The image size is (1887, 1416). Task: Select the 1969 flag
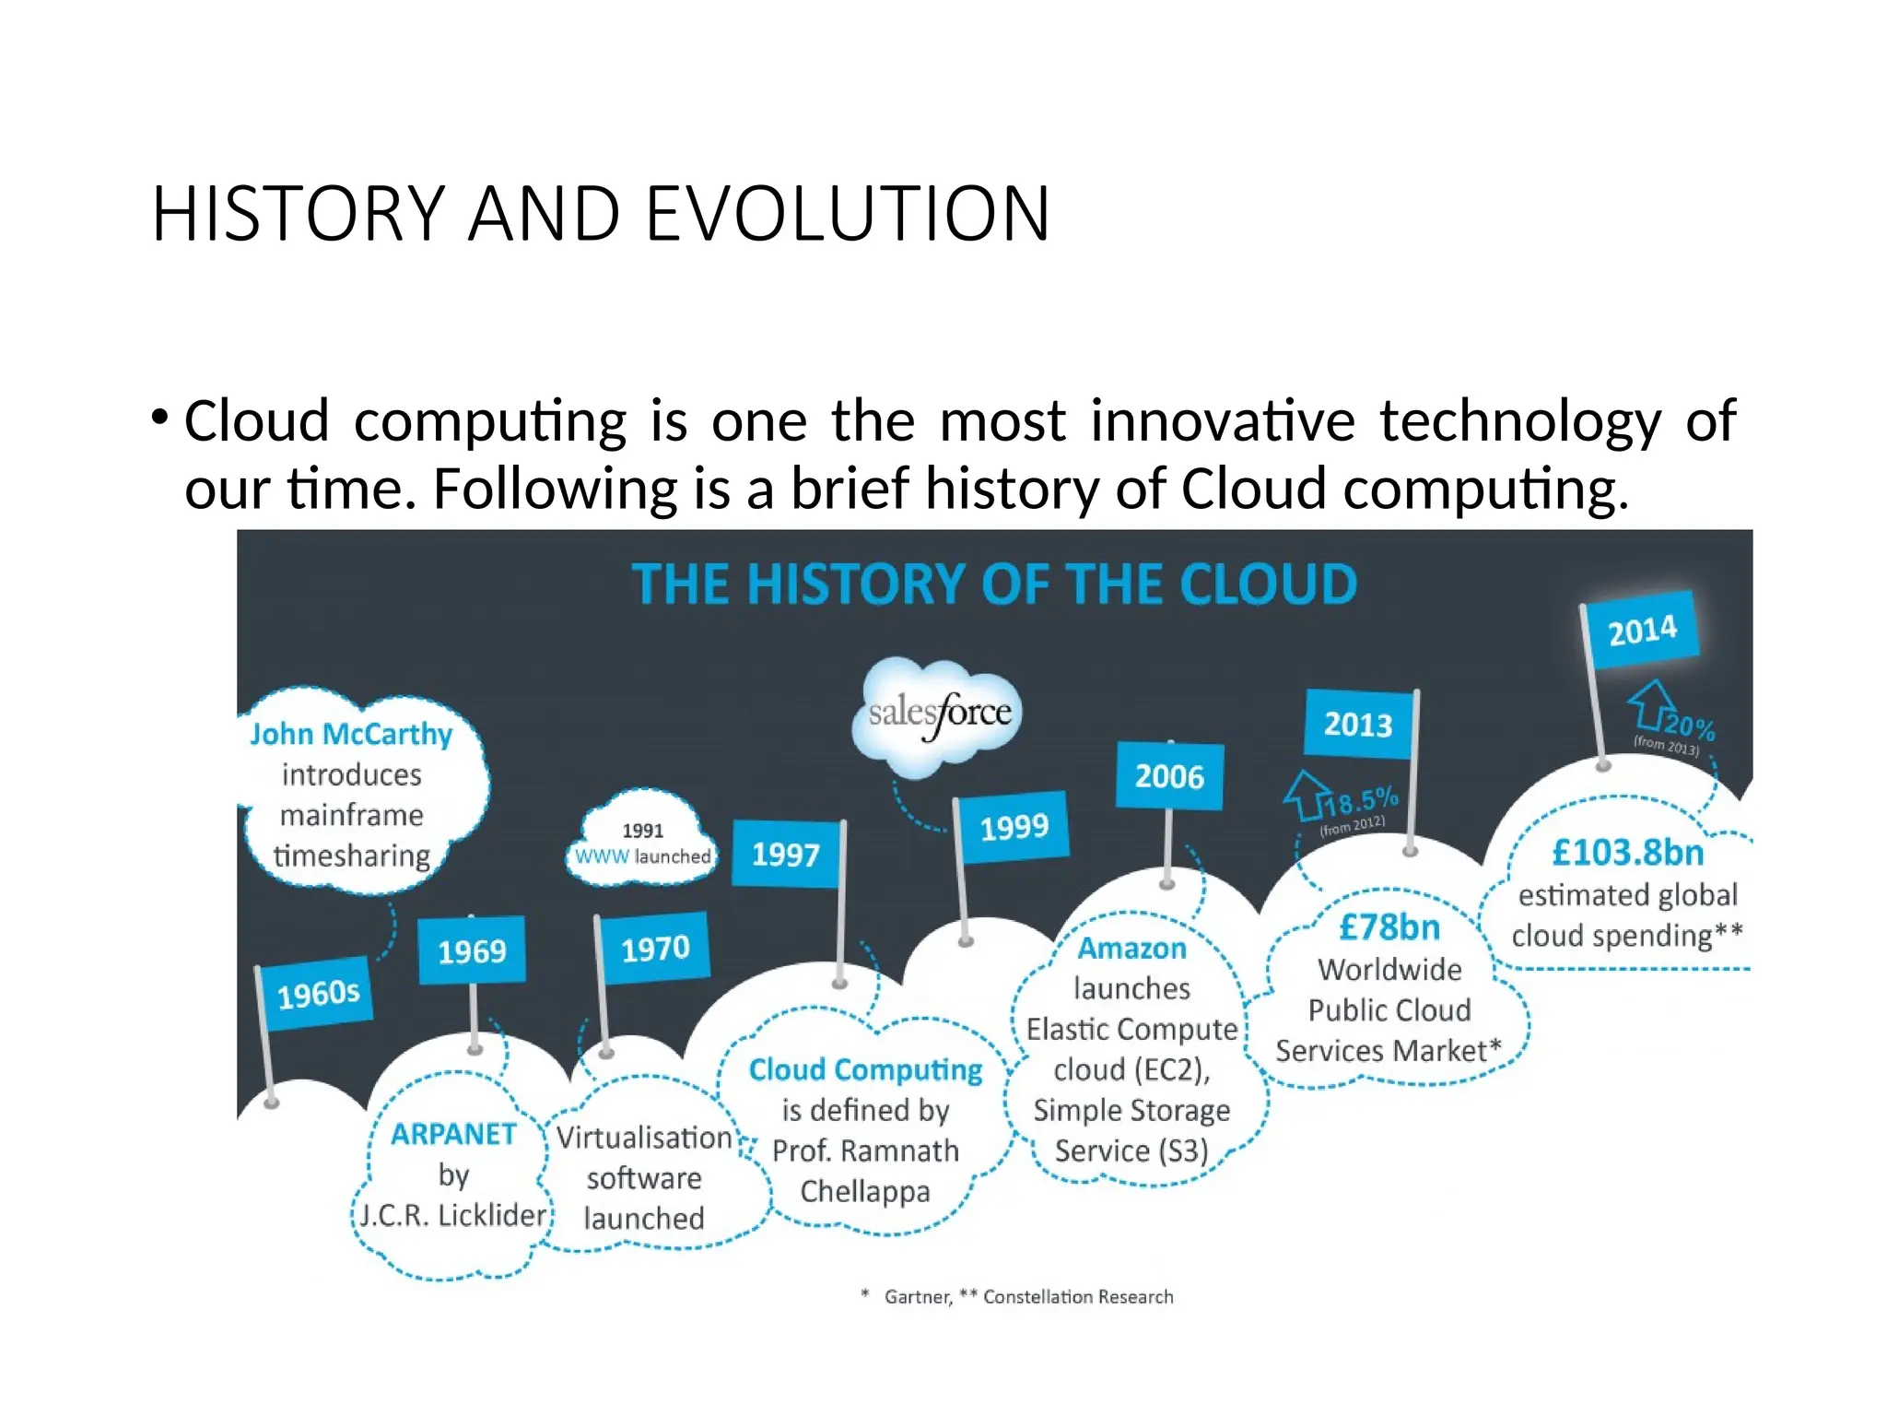coord(472,950)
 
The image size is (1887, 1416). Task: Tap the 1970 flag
coord(655,948)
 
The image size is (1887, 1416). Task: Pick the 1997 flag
coord(785,854)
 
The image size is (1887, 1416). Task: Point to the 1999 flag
coord(1014,827)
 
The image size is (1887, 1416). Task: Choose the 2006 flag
coord(1169,776)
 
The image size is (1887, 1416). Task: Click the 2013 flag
coord(1358,725)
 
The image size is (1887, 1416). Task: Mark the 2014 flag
coord(1642,631)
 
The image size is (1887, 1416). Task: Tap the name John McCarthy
coord(351,735)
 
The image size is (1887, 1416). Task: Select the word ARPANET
coord(453,1134)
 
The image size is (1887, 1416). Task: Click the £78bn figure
coord(1389,927)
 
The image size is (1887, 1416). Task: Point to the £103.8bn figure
coord(1628,853)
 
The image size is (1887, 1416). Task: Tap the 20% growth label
coord(1688,728)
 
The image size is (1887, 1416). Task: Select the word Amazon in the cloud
coord(1131,949)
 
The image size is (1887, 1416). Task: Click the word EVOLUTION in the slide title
coord(847,214)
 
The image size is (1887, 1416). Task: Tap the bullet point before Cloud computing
coord(160,418)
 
